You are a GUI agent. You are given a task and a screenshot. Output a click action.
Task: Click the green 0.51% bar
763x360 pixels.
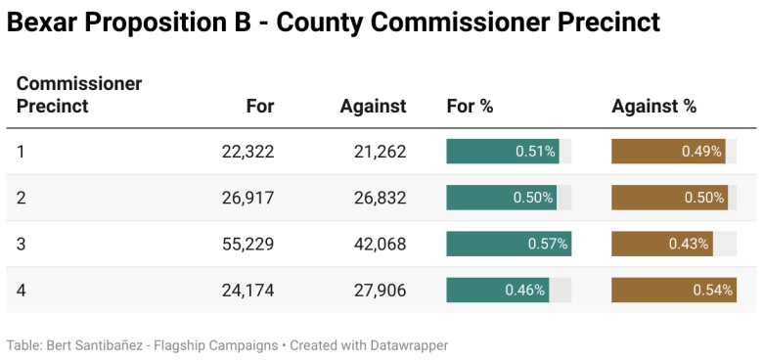click(503, 152)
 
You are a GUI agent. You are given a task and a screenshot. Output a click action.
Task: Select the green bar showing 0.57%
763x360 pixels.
click(509, 244)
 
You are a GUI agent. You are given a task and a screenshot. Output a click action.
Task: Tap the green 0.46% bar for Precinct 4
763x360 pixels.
click(497, 290)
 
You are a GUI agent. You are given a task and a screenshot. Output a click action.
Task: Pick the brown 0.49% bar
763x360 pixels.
click(668, 152)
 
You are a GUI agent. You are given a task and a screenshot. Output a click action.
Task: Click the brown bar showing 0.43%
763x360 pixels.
click(662, 244)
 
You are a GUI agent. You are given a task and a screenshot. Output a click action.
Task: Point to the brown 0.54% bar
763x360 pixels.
click(674, 290)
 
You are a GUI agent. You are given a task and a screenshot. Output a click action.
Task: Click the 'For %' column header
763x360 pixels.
click(470, 107)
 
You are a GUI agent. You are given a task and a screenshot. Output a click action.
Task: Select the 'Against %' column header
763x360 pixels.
click(653, 107)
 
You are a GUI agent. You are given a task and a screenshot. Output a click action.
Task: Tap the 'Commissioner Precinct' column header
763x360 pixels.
click(79, 95)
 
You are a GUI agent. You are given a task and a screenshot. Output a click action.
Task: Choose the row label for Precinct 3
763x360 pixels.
click(22, 244)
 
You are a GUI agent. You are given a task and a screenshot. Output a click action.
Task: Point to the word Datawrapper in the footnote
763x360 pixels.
click(403, 345)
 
